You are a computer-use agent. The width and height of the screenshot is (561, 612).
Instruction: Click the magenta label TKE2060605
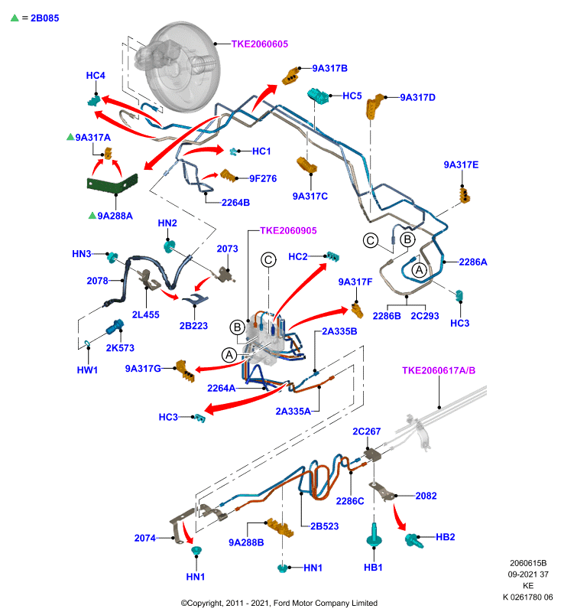pyautogui.click(x=260, y=44)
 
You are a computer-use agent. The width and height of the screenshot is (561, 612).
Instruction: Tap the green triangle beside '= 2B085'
pyautogui.click(x=15, y=18)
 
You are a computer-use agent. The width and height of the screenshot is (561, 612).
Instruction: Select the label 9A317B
pyautogui.click(x=330, y=68)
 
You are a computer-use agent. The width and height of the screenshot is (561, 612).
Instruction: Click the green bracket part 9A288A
pyautogui.click(x=112, y=183)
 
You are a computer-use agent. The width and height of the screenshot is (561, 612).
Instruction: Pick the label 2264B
pyautogui.click(x=235, y=203)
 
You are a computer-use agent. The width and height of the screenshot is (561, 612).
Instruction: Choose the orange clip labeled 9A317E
pyautogui.click(x=465, y=195)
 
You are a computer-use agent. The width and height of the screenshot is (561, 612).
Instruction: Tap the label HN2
pyautogui.click(x=167, y=223)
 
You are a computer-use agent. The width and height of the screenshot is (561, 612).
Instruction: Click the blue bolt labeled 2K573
pyautogui.click(x=115, y=327)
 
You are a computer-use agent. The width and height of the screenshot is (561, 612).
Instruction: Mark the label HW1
pyautogui.click(x=87, y=370)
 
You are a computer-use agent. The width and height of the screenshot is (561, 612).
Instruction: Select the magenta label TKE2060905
pyautogui.click(x=288, y=231)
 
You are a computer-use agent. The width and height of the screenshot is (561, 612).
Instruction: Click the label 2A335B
pyautogui.click(x=339, y=331)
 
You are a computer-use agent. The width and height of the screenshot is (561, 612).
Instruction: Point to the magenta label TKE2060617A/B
pyautogui.click(x=439, y=370)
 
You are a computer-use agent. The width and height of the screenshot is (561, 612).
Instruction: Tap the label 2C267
pyautogui.click(x=366, y=431)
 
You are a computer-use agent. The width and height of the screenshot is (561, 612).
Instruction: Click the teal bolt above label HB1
pyautogui.click(x=374, y=535)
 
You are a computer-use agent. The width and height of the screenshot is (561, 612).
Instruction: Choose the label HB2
pyautogui.click(x=446, y=537)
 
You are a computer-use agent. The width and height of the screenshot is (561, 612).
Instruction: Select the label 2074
pyautogui.click(x=145, y=539)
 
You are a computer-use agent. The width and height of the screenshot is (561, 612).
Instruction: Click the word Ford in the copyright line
pyautogui.click(x=282, y=603)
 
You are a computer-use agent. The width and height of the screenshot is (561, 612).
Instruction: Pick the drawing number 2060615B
pyautogui.click(x=528, y=563)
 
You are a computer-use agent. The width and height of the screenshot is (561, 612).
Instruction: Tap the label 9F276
pyautogui.click(x=263, y=179)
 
